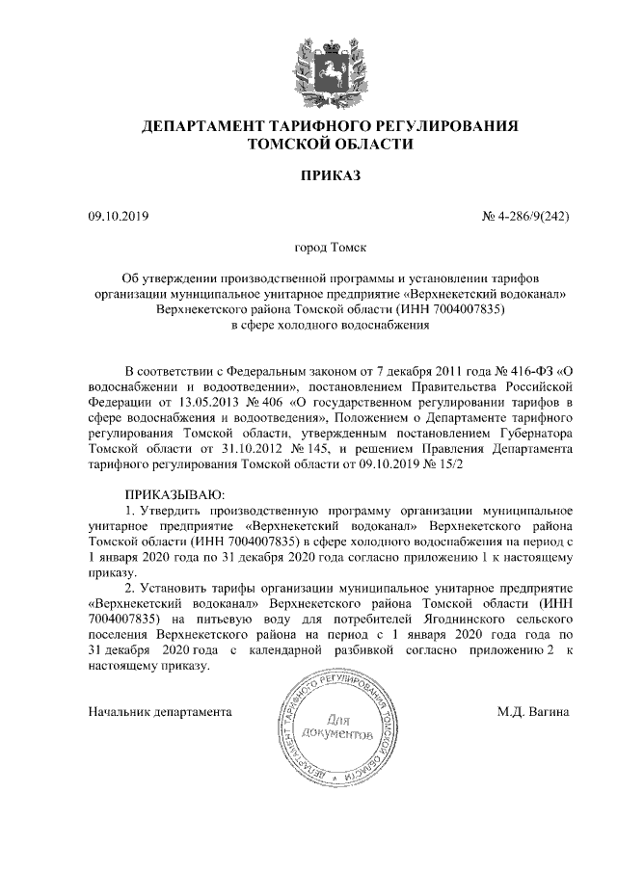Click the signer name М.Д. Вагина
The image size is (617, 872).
(532, 713)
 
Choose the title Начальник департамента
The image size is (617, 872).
(160, 713)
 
